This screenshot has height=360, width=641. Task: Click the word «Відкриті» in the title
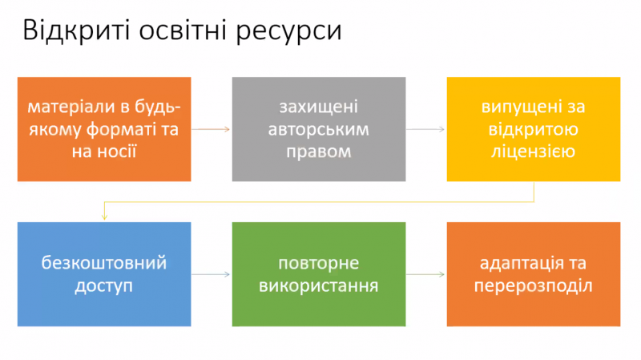point(76,30)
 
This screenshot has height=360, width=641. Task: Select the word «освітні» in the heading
point(183,30)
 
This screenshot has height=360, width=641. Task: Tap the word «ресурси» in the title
point(288,34)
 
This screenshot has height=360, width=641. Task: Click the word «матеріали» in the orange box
point(71,107)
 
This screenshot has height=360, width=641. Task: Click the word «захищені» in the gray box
point(319,107)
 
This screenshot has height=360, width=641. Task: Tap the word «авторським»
point(319,130)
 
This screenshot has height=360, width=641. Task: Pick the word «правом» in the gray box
point(319,152)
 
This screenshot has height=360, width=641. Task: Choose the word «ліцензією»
point(534,152)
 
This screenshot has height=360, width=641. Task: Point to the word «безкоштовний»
point(104,263)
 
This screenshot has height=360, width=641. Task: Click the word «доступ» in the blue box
point(104,286)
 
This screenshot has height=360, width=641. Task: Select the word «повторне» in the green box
point(319,264)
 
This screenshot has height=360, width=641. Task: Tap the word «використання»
point(319,285)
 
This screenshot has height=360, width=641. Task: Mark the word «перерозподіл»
point(534,286)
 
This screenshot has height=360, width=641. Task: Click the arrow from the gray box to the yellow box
point(425,129)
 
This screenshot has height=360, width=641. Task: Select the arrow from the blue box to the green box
point(211,274)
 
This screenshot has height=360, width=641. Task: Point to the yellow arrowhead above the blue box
point(104,216)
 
